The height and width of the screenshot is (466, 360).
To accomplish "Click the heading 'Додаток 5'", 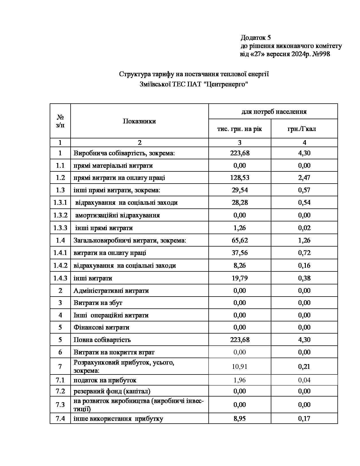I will point(256,38).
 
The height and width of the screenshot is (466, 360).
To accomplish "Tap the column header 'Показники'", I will point(139,121).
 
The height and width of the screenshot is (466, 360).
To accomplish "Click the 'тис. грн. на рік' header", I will point(239,129).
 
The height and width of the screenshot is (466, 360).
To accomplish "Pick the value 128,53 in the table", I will point(240,178).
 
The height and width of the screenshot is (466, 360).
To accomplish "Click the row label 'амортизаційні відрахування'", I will point(117,215).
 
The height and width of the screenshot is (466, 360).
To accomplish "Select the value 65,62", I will point(240,240).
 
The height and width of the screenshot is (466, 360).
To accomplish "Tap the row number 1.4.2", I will point(60,265).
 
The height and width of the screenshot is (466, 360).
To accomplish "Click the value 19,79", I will point(240,278).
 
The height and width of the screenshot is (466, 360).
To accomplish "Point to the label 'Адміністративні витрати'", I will point(111,291).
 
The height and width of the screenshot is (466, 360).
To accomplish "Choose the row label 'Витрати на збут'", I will point(98,303).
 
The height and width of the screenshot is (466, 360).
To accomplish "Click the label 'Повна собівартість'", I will point(102,339).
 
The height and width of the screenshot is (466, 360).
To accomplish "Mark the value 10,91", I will point(240,367).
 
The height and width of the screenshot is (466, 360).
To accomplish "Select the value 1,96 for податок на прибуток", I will point(240,380).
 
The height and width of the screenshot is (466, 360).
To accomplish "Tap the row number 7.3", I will point(60,405).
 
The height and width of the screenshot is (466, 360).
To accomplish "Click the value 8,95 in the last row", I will point(240,419).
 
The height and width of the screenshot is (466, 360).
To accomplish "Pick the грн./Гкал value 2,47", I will point(304,178).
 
